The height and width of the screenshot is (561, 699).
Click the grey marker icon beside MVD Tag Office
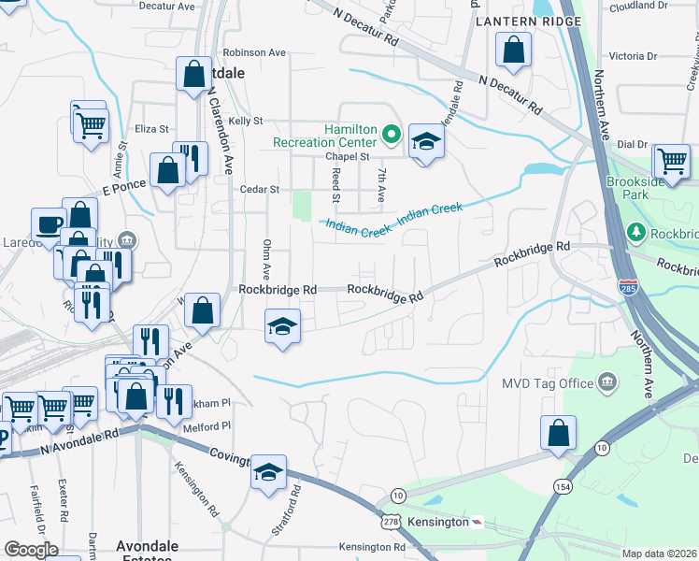608,381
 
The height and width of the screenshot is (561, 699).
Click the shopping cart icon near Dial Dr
671,161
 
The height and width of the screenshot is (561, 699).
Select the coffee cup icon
49,224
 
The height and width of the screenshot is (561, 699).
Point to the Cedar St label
261,189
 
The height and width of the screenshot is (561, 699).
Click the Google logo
31,550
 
